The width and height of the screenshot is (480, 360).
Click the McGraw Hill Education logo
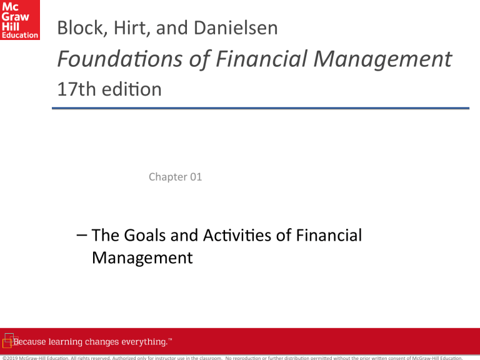click(x=20, y=20)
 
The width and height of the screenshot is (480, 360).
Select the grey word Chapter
click(x=167, y=177)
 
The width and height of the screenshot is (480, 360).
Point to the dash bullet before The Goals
click(x=79, y=236)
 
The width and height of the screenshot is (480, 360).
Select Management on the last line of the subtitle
click(x=142, y=257)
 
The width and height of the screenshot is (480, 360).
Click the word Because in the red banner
click(x=33, y=342)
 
